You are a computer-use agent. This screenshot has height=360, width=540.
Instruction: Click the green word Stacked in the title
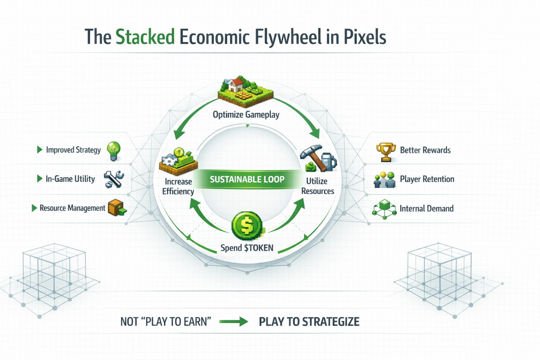tap(145, 37)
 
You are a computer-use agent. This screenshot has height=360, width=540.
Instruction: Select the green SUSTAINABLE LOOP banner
tap(247, 179)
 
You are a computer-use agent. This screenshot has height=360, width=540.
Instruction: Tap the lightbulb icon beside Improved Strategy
tap(114, 151)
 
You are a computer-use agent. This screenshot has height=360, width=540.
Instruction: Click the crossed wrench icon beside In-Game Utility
tap(114, 179)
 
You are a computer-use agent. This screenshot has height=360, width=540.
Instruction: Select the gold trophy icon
tap(386, 152)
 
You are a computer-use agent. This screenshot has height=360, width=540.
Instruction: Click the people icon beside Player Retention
tap(384, 180)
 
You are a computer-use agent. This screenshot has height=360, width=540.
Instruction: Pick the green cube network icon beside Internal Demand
tap(384, 209)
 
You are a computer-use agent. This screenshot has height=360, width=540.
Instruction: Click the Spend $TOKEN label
tap(247, 248)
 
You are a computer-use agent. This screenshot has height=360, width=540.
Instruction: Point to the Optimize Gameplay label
tap(246, 115)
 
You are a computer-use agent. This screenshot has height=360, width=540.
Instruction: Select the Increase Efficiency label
tap(178, 186)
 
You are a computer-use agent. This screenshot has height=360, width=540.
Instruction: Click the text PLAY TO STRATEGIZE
tap(309, 322)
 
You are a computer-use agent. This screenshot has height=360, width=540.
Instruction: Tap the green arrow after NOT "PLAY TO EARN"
tap(234, 321)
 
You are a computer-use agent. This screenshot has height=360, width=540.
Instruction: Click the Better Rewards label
tap(425, 150)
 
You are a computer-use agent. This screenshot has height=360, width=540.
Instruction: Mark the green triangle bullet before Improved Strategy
tap(40, 150)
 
